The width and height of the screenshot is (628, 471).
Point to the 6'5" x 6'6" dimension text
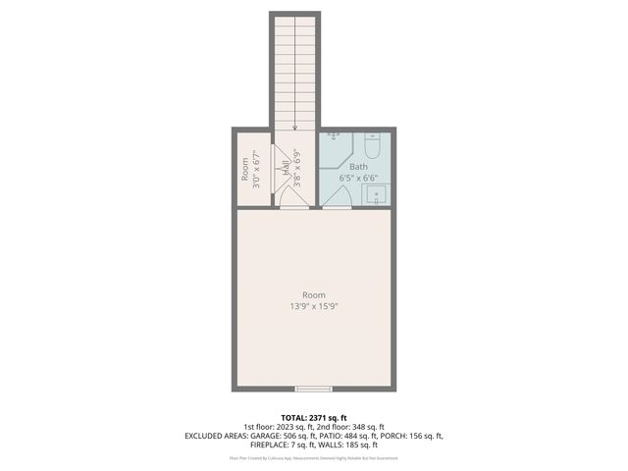click(358, 179)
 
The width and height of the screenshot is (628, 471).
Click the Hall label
click(286, 169)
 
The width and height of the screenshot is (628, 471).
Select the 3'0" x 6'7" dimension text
click(255, 169)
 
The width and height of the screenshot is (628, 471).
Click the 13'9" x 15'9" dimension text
click(314, 306)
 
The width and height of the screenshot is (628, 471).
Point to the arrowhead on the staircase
click(295, 127)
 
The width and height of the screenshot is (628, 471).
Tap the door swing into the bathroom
click(337, 199)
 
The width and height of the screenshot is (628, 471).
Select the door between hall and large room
click(293, 201)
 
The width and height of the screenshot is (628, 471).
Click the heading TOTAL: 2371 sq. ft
click(314, 417)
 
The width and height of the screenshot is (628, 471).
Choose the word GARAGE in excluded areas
click(256, 436)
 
